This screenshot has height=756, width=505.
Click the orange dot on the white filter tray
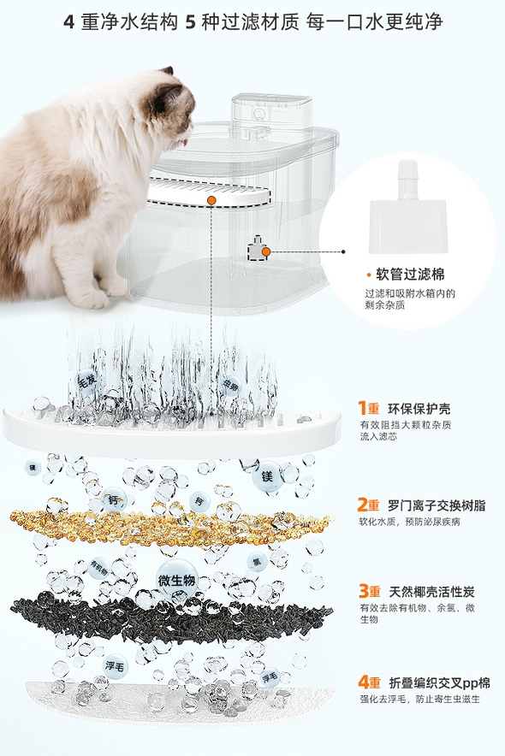point(211,200)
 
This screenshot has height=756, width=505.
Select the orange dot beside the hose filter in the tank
point(266,251)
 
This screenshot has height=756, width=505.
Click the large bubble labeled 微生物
point(177,581)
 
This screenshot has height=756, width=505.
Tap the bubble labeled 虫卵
point(230,386)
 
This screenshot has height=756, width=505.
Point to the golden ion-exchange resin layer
point(171,522)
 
